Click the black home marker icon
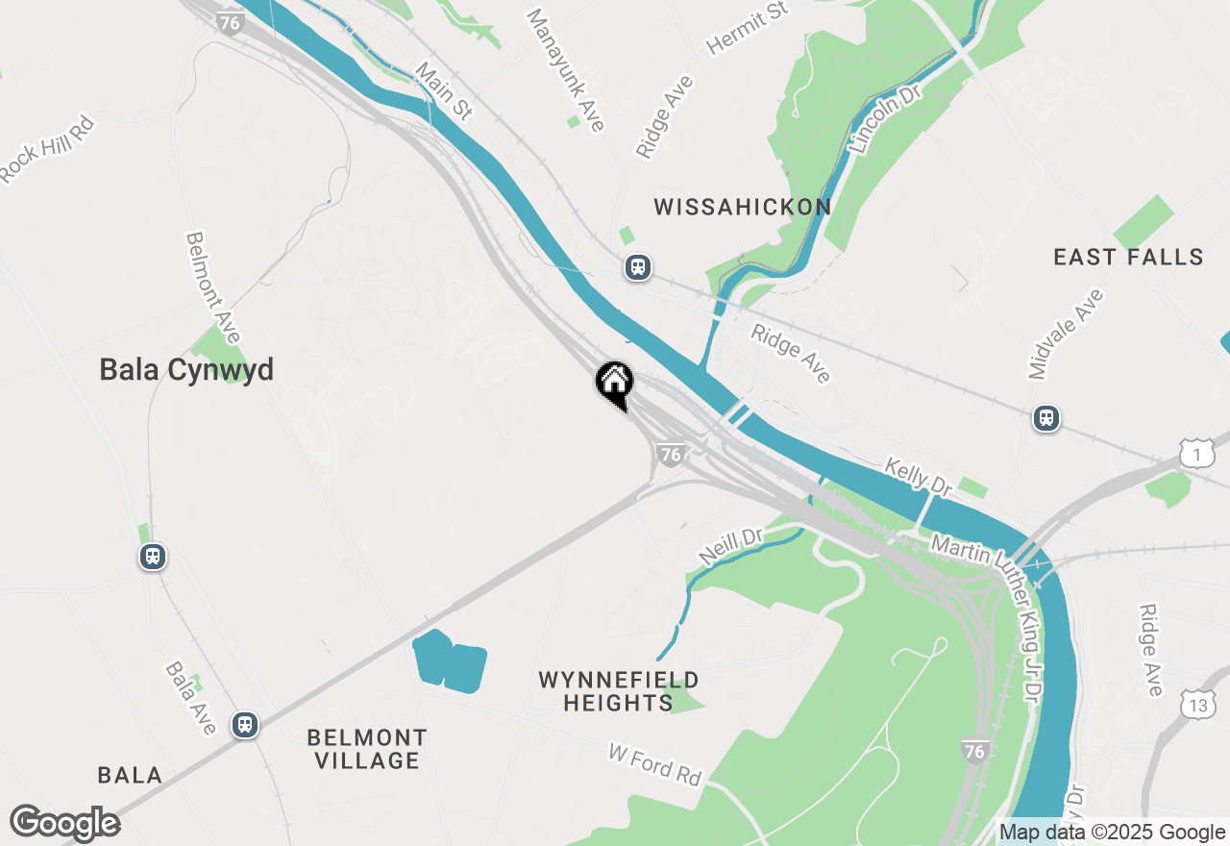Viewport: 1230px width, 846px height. [614, 384]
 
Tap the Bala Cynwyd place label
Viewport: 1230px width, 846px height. [186, 370]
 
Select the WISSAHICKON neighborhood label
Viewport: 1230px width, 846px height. [742, 207]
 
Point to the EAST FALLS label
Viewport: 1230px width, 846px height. [1128, 258]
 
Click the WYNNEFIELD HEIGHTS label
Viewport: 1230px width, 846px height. [618, 691]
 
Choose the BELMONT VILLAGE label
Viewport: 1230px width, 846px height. [367, 749]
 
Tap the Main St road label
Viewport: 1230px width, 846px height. [444, 91]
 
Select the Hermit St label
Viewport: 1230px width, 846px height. [747, 28]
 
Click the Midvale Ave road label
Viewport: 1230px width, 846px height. [1065, 336]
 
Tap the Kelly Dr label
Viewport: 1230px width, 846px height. [918, 477]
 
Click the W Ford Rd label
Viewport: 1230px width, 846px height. [655, 763]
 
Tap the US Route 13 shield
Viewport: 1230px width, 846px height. [1197, 705]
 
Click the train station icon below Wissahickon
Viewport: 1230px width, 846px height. [637, 267]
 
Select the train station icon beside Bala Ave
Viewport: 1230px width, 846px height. [245, 724]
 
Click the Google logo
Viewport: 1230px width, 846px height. [64, 824]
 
